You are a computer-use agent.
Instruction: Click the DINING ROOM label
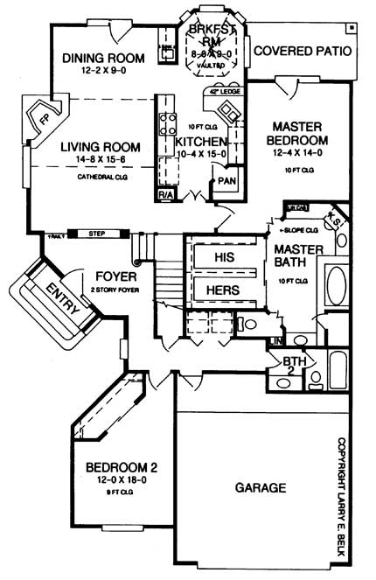(102, 59)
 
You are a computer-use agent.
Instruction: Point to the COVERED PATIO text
(303, 51)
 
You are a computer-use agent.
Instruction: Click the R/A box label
(164, 193)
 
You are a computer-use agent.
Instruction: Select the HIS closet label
(225, 256)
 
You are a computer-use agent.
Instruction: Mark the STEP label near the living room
(98, 234)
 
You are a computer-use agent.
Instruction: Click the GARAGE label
(261, 487)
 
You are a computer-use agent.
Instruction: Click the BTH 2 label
(293, 366)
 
